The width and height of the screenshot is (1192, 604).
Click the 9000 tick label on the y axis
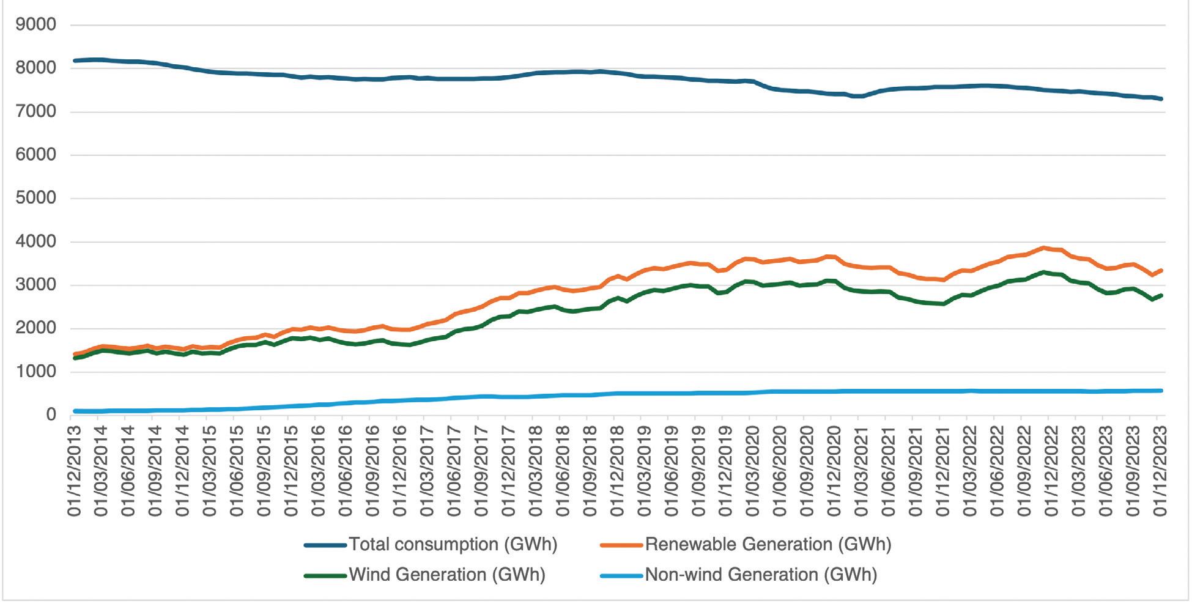tap(36, 25)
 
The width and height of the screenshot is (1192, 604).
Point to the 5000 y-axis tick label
tap(36, 199)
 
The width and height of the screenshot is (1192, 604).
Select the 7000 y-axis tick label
tap(36, 112)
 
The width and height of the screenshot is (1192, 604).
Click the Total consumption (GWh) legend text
tap(453, 544)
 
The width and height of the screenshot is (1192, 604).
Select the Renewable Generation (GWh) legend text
tap(768, 544)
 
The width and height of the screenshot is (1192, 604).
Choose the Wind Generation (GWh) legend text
tap(446, 575)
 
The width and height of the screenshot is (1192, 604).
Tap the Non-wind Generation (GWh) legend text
tap(761, 575)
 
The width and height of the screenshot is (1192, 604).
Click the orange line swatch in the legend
tap(621, 545)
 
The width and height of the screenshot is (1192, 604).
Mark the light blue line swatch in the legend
tap(621, 575)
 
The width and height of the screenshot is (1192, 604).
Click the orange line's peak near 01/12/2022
tap(1045, 248)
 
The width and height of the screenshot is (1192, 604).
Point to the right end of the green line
tap(1161, 295)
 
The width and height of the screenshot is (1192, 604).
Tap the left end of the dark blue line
tap(75, 61)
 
